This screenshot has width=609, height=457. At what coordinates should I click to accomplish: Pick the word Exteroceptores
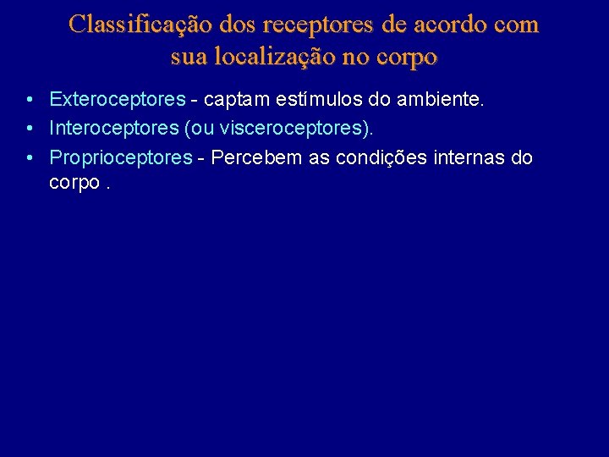pyautogui.click(x=117, y=99)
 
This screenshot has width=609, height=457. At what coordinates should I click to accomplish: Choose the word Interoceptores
pyautogui.click(x=113, y=129)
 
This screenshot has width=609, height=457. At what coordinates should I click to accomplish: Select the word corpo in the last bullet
pyautogui.click(x=74, y=183)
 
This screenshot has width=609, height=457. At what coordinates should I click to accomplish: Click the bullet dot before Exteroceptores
pyautogui.click(x=30, y=100)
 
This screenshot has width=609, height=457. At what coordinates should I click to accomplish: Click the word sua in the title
pyautogui.click(x=188, y=57)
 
